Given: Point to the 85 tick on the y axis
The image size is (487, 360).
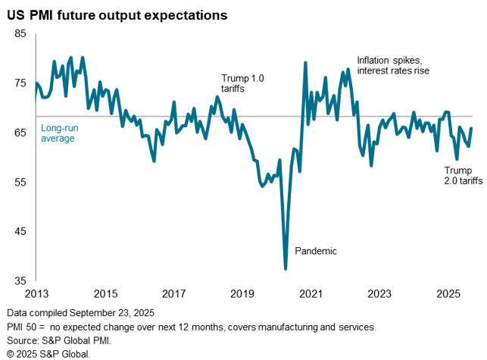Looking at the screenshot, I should click(20, 34).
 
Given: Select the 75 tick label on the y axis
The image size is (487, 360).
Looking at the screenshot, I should click(20, 83).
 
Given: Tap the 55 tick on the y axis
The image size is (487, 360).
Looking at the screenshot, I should click(20, 182).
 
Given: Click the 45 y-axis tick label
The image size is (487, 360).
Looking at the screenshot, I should click(20, 231).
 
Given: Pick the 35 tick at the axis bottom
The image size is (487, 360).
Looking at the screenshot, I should click(20, 280).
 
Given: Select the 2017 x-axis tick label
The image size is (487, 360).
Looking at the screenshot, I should click(174, 293).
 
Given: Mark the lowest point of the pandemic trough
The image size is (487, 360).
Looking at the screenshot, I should click(286, 268).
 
